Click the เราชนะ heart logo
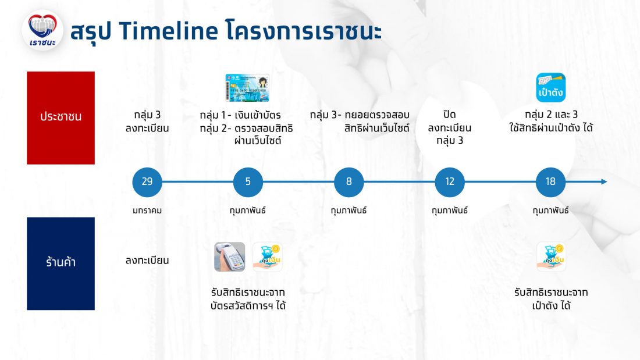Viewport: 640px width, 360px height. point(42,31)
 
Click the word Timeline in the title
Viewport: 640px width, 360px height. point(168,31)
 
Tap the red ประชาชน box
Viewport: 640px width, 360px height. point(61,118)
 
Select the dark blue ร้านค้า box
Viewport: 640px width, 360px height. point(61,263)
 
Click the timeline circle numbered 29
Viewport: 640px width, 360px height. point(147,181)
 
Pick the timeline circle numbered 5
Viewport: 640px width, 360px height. point(248,181)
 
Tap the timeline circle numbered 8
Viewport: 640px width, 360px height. point(349,181)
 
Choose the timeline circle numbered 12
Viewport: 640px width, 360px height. point(449,181)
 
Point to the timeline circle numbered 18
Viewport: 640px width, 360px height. point(550,181)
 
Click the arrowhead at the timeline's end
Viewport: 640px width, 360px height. point(604,181)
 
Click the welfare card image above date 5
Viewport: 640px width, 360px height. point(247,88)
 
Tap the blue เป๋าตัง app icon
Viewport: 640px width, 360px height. point(550,87)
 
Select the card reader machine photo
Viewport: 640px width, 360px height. point(229,256)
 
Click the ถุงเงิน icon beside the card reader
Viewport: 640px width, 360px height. point(268,256)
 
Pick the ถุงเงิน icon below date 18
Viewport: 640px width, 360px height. point(551,256)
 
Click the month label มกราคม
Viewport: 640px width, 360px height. point(147,211)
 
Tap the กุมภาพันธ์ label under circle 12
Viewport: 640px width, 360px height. point(450,211)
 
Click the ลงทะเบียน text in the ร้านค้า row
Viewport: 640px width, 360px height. point(147,261)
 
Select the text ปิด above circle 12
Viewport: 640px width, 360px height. point(449,115)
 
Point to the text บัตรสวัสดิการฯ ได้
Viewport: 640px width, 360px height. point(248,305)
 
